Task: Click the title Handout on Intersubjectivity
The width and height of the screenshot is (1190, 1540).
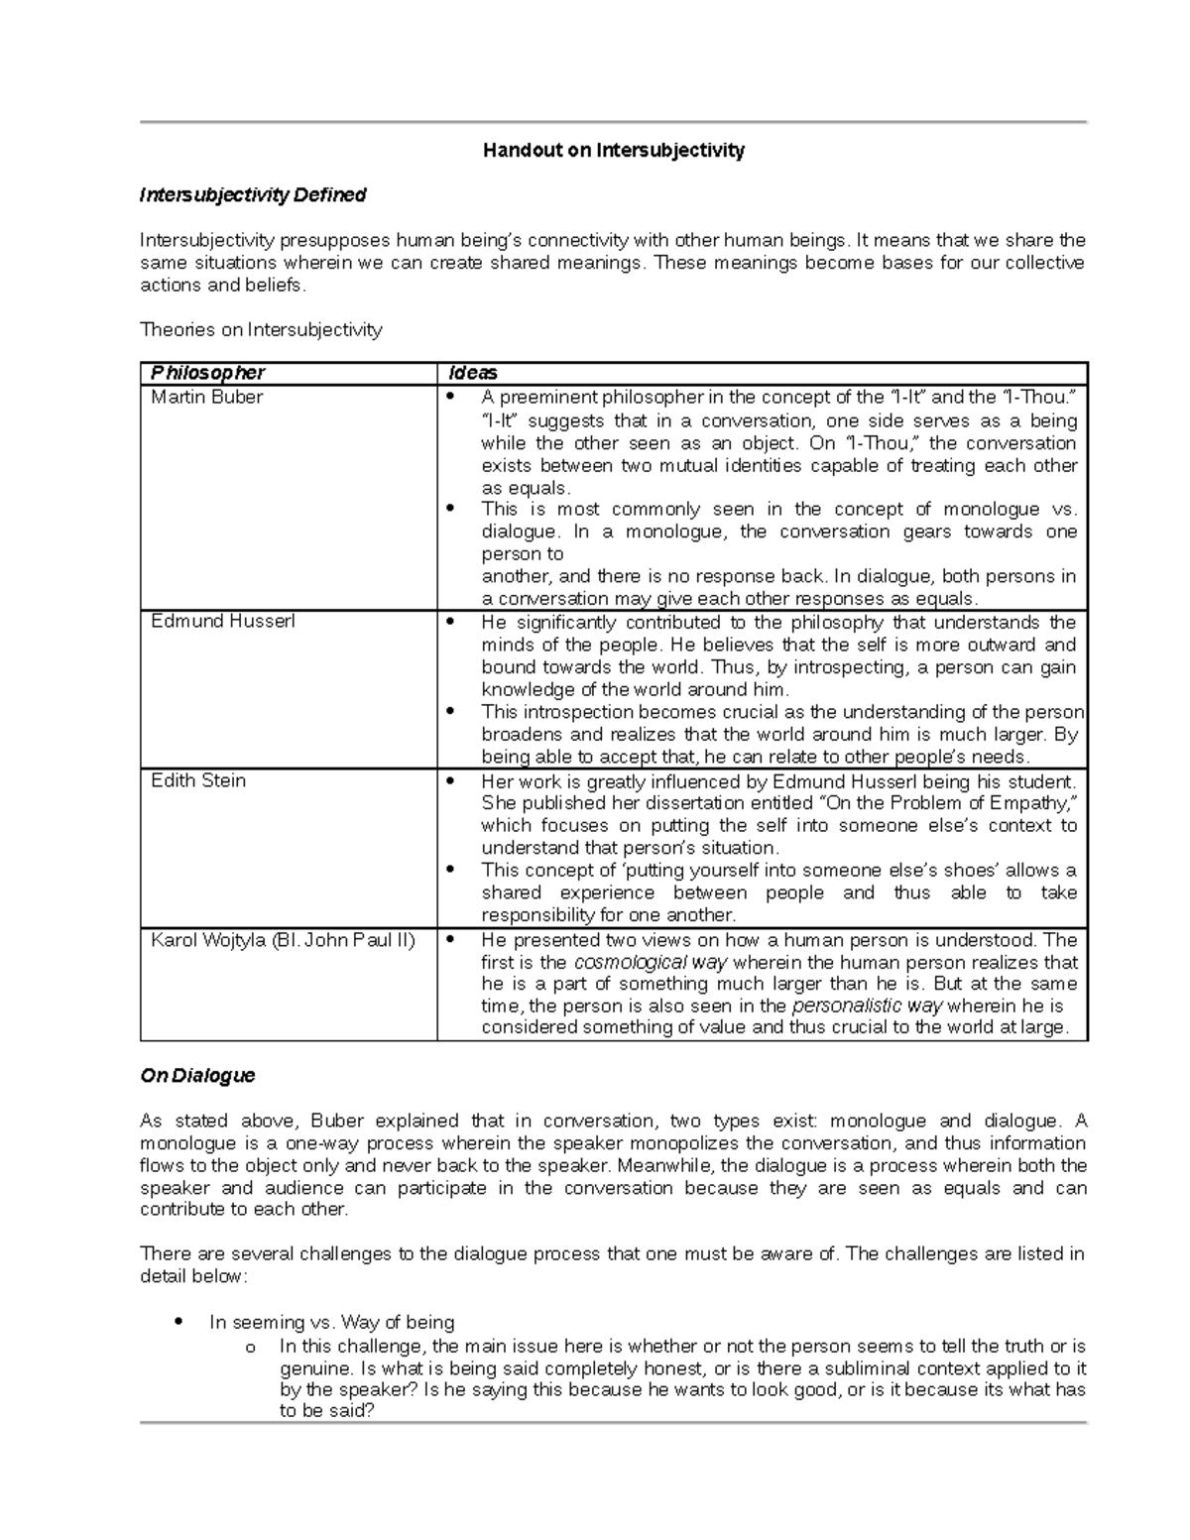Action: (613, 151)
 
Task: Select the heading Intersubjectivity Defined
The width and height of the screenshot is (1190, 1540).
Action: (253, 195)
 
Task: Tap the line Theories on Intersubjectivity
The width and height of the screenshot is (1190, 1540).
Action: (261, 330)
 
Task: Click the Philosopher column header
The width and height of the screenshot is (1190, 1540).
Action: (207, 373)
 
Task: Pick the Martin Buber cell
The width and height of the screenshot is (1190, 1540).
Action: (206, 398)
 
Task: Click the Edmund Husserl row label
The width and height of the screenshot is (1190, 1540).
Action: (222, 622)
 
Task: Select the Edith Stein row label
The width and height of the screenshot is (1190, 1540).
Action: (197, 780)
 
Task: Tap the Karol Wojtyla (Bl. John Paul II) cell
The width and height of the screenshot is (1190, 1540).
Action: (283, 940)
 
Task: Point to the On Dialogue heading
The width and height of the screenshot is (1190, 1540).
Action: (197, 1076)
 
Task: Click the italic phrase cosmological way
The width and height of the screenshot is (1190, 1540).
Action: (651, 963)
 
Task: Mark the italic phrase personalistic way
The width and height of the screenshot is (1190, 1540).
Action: (866, 1006)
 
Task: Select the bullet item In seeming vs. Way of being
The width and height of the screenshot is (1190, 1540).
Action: (331, 1323)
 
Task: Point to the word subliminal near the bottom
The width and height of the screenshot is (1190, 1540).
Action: (901, 1368)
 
